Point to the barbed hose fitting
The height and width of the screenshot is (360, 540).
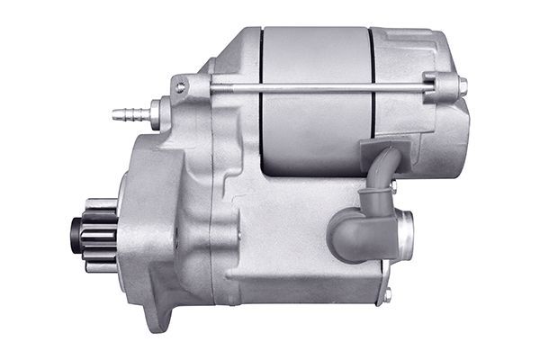tap(125, 114)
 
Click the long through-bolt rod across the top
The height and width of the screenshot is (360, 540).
tap(315, 87)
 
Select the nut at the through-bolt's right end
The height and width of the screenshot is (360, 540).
tap(462, 86)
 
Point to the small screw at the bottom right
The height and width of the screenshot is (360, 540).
tap(386, 294)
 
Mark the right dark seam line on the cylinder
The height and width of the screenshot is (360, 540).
tap(372, 99)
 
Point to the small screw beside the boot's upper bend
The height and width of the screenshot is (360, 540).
tap(393, 186)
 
